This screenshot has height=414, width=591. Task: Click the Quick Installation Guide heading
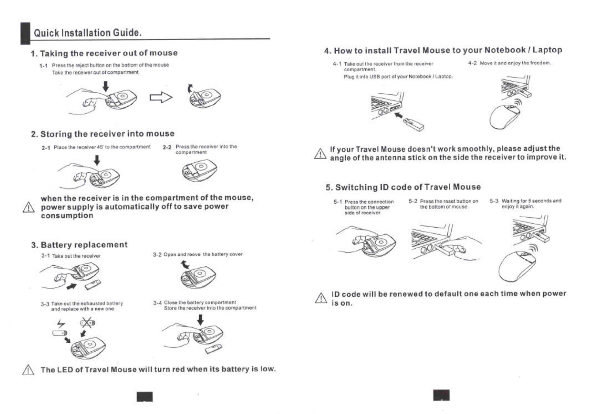[x=88, y=33]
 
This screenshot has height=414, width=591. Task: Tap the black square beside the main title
[x=25, y=34]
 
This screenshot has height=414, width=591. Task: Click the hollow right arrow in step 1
[x=161, y=97]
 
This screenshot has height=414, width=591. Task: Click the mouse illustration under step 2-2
[x=199, y=170]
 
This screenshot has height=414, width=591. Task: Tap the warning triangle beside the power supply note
[x=28, y=208]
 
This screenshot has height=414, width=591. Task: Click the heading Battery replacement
[x=84, y=245]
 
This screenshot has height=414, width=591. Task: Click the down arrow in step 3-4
[x=200, y=320]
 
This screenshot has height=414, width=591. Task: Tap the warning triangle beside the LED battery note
[x=28, y=370]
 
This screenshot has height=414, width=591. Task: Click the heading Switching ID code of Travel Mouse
[x=403, y=187]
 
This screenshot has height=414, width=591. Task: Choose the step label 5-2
[x=413, y=201]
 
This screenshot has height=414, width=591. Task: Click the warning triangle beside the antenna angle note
[x=320, y=153]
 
